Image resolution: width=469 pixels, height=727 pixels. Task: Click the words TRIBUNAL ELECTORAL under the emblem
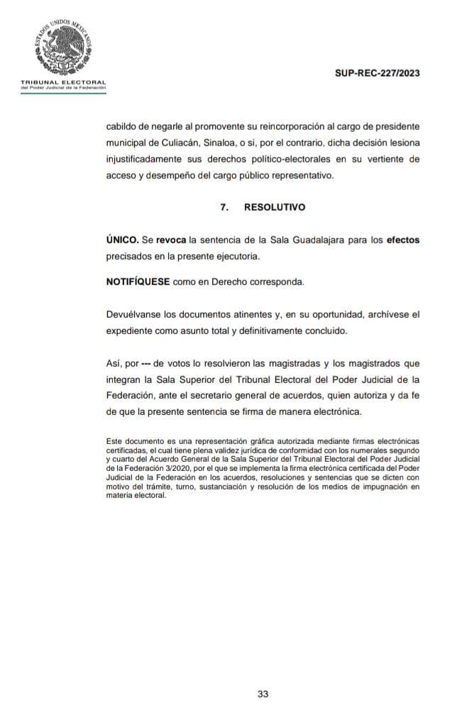point(63,83)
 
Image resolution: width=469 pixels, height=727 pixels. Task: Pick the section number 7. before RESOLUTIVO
point(224,208)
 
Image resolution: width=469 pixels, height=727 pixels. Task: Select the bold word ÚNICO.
point(122,240)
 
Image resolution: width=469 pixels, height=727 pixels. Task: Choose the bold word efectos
point(402,240)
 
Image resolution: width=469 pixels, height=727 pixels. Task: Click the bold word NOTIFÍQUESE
point(138,282)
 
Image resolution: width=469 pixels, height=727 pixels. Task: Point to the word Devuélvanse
point(136,314)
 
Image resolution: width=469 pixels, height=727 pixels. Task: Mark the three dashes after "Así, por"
point(146,364)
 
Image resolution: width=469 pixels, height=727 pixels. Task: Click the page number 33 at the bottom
point(263,694)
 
